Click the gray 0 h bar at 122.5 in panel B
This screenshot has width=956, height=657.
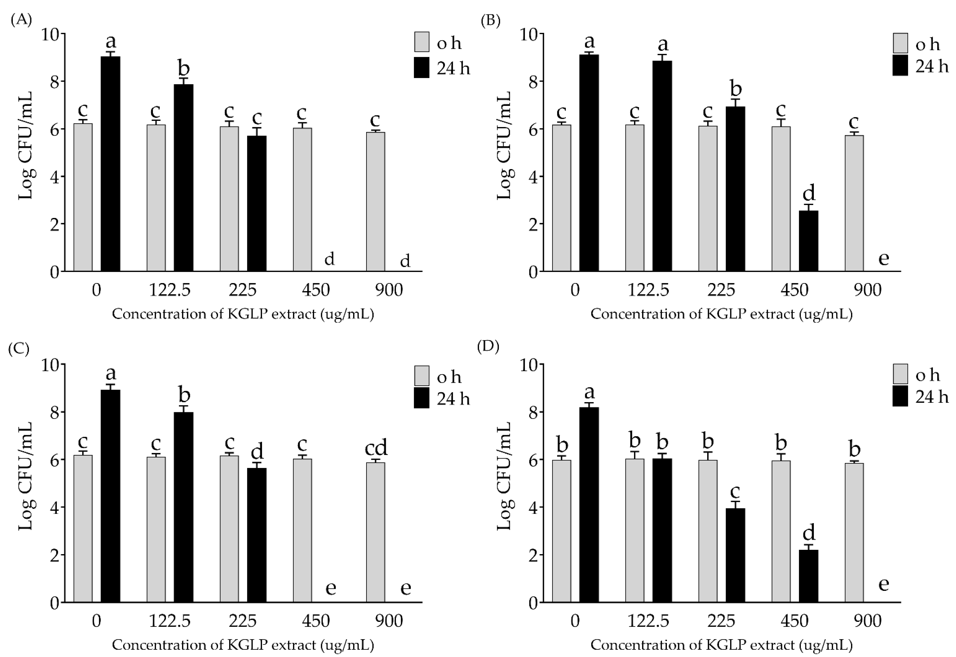pos(635,198)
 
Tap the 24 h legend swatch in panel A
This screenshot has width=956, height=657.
pos(421,67)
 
